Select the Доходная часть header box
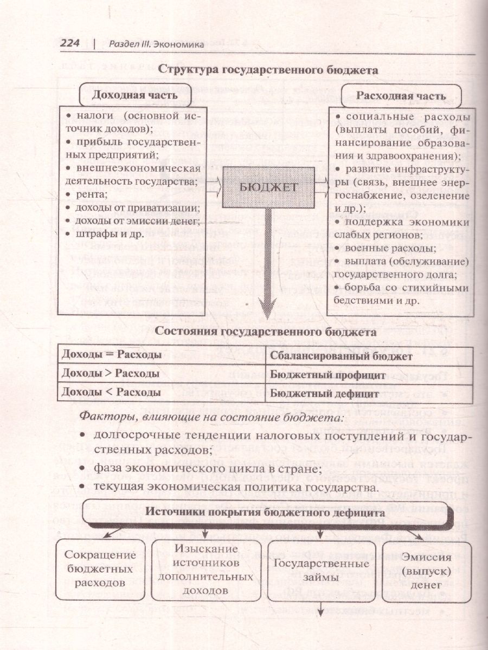134,95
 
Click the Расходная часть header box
401,96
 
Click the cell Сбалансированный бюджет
341,356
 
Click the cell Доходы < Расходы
112,392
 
